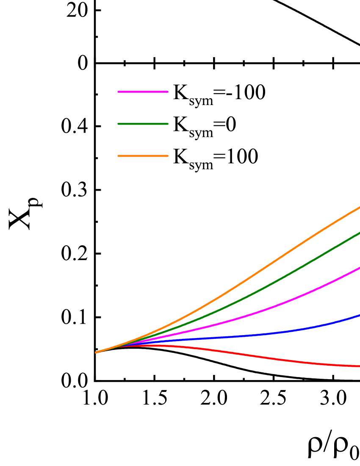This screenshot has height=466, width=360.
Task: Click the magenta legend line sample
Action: point(143,92)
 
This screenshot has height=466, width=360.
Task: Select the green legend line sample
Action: point(143,124)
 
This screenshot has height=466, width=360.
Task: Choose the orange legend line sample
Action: point(143,156)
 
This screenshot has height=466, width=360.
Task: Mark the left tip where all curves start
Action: point(96,352)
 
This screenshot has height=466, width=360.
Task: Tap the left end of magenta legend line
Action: point(119,92)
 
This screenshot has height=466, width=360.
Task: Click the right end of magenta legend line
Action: point(168,92)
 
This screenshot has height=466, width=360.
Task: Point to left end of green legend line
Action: point(119,124)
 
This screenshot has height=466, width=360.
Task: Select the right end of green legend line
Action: point(168,124)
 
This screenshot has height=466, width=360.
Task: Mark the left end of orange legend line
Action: point(119,156)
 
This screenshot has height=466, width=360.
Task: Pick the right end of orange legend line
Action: point(168,156)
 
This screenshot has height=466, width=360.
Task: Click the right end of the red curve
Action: point(359,366)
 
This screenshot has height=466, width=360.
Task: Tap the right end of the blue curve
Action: point(359,315)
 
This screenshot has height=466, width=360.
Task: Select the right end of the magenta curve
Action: point(359,268)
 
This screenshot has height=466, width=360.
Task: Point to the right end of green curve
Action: point(359,233)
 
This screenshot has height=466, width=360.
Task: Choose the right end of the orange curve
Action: point(359,208)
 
